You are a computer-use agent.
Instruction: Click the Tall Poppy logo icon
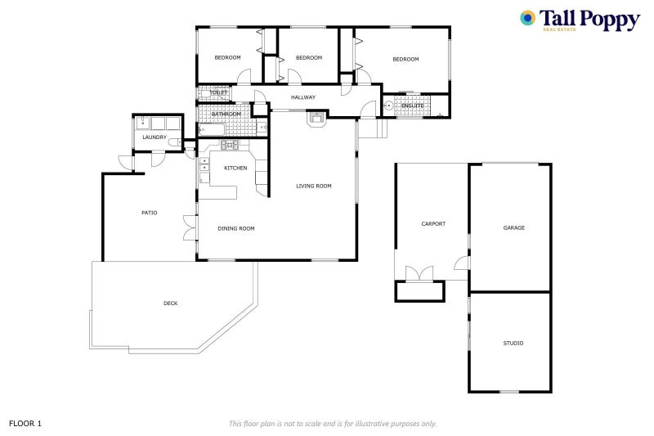coord(529,19)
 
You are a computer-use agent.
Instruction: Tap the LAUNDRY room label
coord(155,137)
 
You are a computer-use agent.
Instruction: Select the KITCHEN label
coord(235,168)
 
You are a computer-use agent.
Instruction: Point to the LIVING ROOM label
coord(313,187)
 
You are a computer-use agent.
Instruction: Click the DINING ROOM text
coord(235,229)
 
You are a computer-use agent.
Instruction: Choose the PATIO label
coord(149,213)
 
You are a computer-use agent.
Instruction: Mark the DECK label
coord(170,303)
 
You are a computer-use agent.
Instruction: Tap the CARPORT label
coord(432,223)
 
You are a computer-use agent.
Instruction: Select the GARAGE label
coord(513,227)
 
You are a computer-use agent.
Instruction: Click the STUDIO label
coord(513,344)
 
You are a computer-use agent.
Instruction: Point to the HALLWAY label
coord(303,98)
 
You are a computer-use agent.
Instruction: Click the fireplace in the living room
coord(316,119)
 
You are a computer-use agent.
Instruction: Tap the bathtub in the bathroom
coord(214,129)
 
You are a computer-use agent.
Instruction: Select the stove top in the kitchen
coord(228,146)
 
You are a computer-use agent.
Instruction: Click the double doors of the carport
coord(419,273)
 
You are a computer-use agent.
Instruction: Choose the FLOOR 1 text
coord(25,424)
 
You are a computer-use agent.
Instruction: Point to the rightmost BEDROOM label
coord(405,59)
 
